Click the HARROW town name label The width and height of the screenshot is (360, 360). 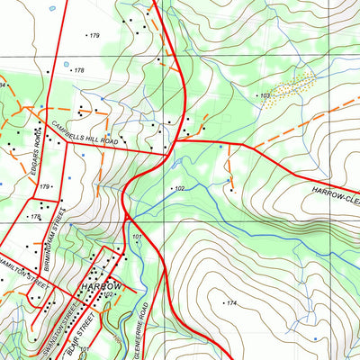(99, 285)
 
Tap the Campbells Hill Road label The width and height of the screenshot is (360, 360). (85, 132)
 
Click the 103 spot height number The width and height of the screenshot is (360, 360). (265, 95)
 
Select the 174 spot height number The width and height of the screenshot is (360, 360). (231, 303)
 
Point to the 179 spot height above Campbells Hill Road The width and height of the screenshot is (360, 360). (94, 35)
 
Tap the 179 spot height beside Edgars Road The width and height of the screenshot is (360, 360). (43, 186)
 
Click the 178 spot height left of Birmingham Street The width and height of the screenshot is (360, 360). (36, 217)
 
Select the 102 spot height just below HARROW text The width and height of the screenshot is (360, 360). (108, 294)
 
